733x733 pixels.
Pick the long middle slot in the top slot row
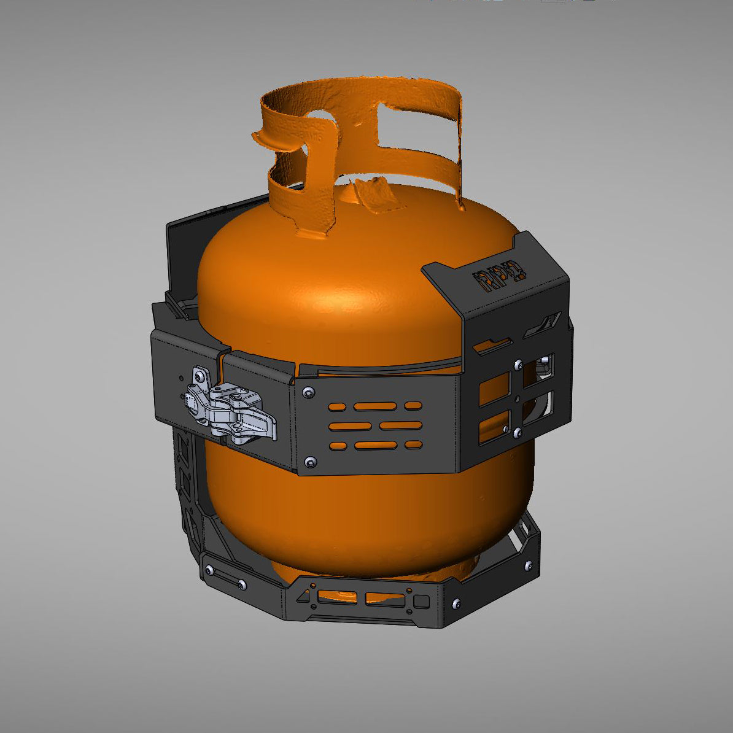374,406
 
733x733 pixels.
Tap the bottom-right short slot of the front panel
413,444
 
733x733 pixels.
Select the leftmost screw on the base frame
211,571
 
